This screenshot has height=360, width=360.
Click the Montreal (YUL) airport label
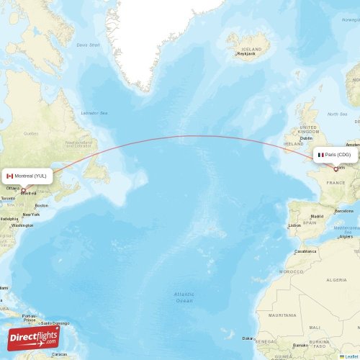pyautogui.click(x=30, y=176)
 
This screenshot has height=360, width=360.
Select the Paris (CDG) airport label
pyautogui.click(x=338, y=155)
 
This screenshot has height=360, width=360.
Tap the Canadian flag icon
pyautogui.click(x=10, y=176)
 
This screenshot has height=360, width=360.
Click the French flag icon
pyautogui.click(x=321, y=155)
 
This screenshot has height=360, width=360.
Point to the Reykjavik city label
pyautogui.click(x=246, y=53)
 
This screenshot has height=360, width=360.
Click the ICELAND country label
pyautogui.click(x=251, y=49)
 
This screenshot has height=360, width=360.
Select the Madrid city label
pyautogui.click(x=317, y=216)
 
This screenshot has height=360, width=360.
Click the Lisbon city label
pyautogui.click(x=294, y=225)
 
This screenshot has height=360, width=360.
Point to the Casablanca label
pyautogui.click(x=305, y=252)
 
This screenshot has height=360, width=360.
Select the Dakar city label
pyautogui.click(x=248, y=338)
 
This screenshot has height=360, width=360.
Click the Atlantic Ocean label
pyautogui.click(x=184, y=297)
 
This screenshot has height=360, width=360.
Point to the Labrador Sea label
pyautogui.click(x=94, y=113)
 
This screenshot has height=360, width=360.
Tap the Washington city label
pyautogui.click(x=22, y=225)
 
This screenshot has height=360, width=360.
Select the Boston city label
pyautogui.click(x=41, y=206)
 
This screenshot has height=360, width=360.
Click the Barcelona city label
pyautogui.click(x=344, y=210)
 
